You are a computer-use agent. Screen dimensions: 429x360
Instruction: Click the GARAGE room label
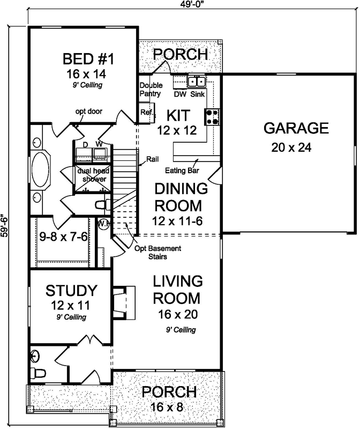296,128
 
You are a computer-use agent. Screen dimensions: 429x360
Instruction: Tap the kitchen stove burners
211,116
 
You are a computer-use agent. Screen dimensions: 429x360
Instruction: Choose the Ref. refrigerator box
146,113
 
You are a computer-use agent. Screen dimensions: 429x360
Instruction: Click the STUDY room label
71,291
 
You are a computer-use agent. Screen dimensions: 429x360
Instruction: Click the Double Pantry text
150,89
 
